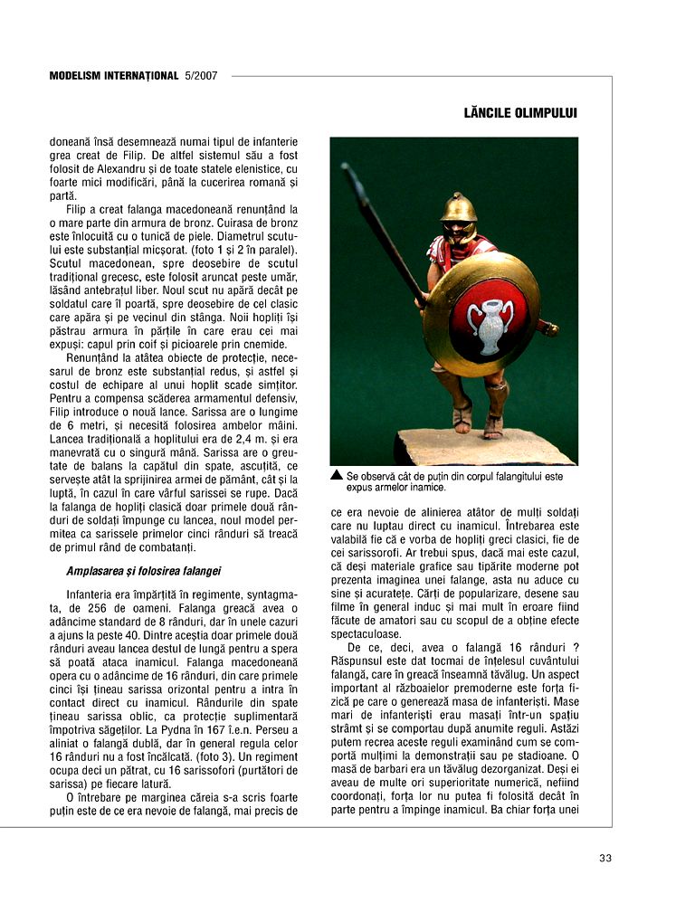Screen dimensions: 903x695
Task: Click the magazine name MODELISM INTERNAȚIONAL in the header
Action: click(113, 76)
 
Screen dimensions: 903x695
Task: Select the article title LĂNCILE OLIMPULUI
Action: click(519, 113)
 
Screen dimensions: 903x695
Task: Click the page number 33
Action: click(605, 858)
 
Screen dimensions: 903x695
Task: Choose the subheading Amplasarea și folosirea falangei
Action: click(144, 571)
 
